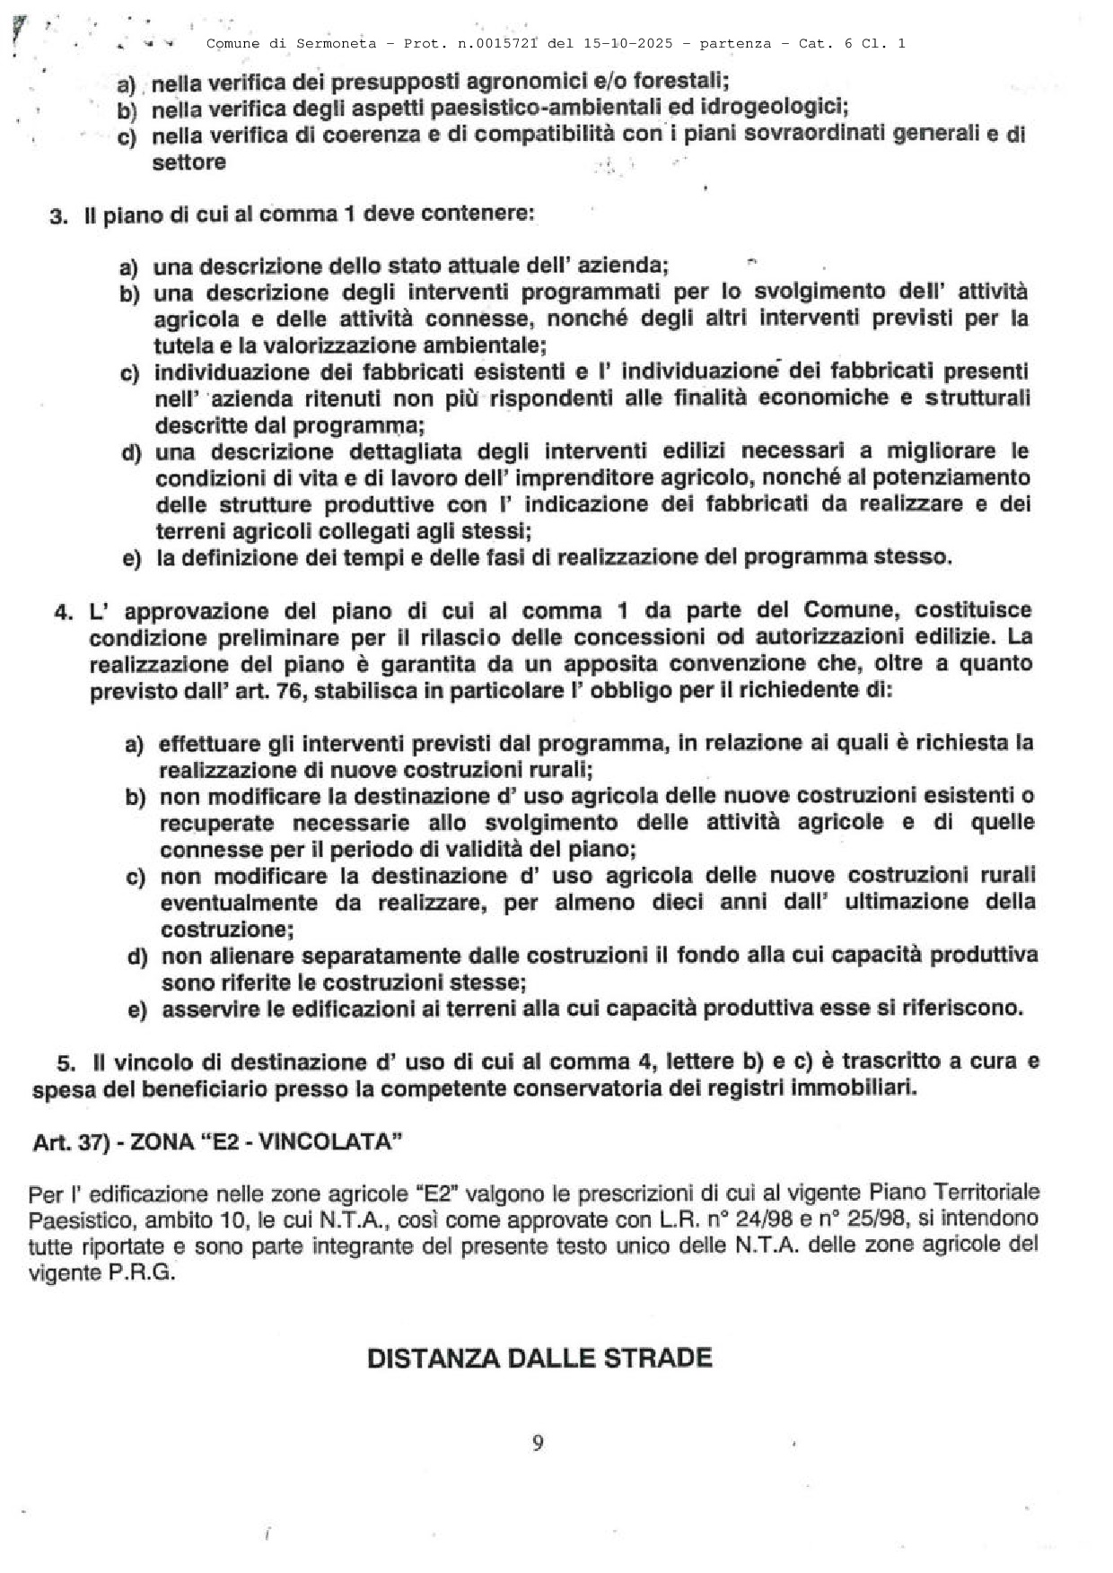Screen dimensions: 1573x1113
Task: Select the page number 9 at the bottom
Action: (538, 1443)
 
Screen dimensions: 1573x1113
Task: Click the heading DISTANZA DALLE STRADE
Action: (539, 1358)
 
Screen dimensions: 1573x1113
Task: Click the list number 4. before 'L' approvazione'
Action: (63, 612)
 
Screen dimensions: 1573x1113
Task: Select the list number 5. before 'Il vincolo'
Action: (66, 1063)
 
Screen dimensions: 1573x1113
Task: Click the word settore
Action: (188, 162)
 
